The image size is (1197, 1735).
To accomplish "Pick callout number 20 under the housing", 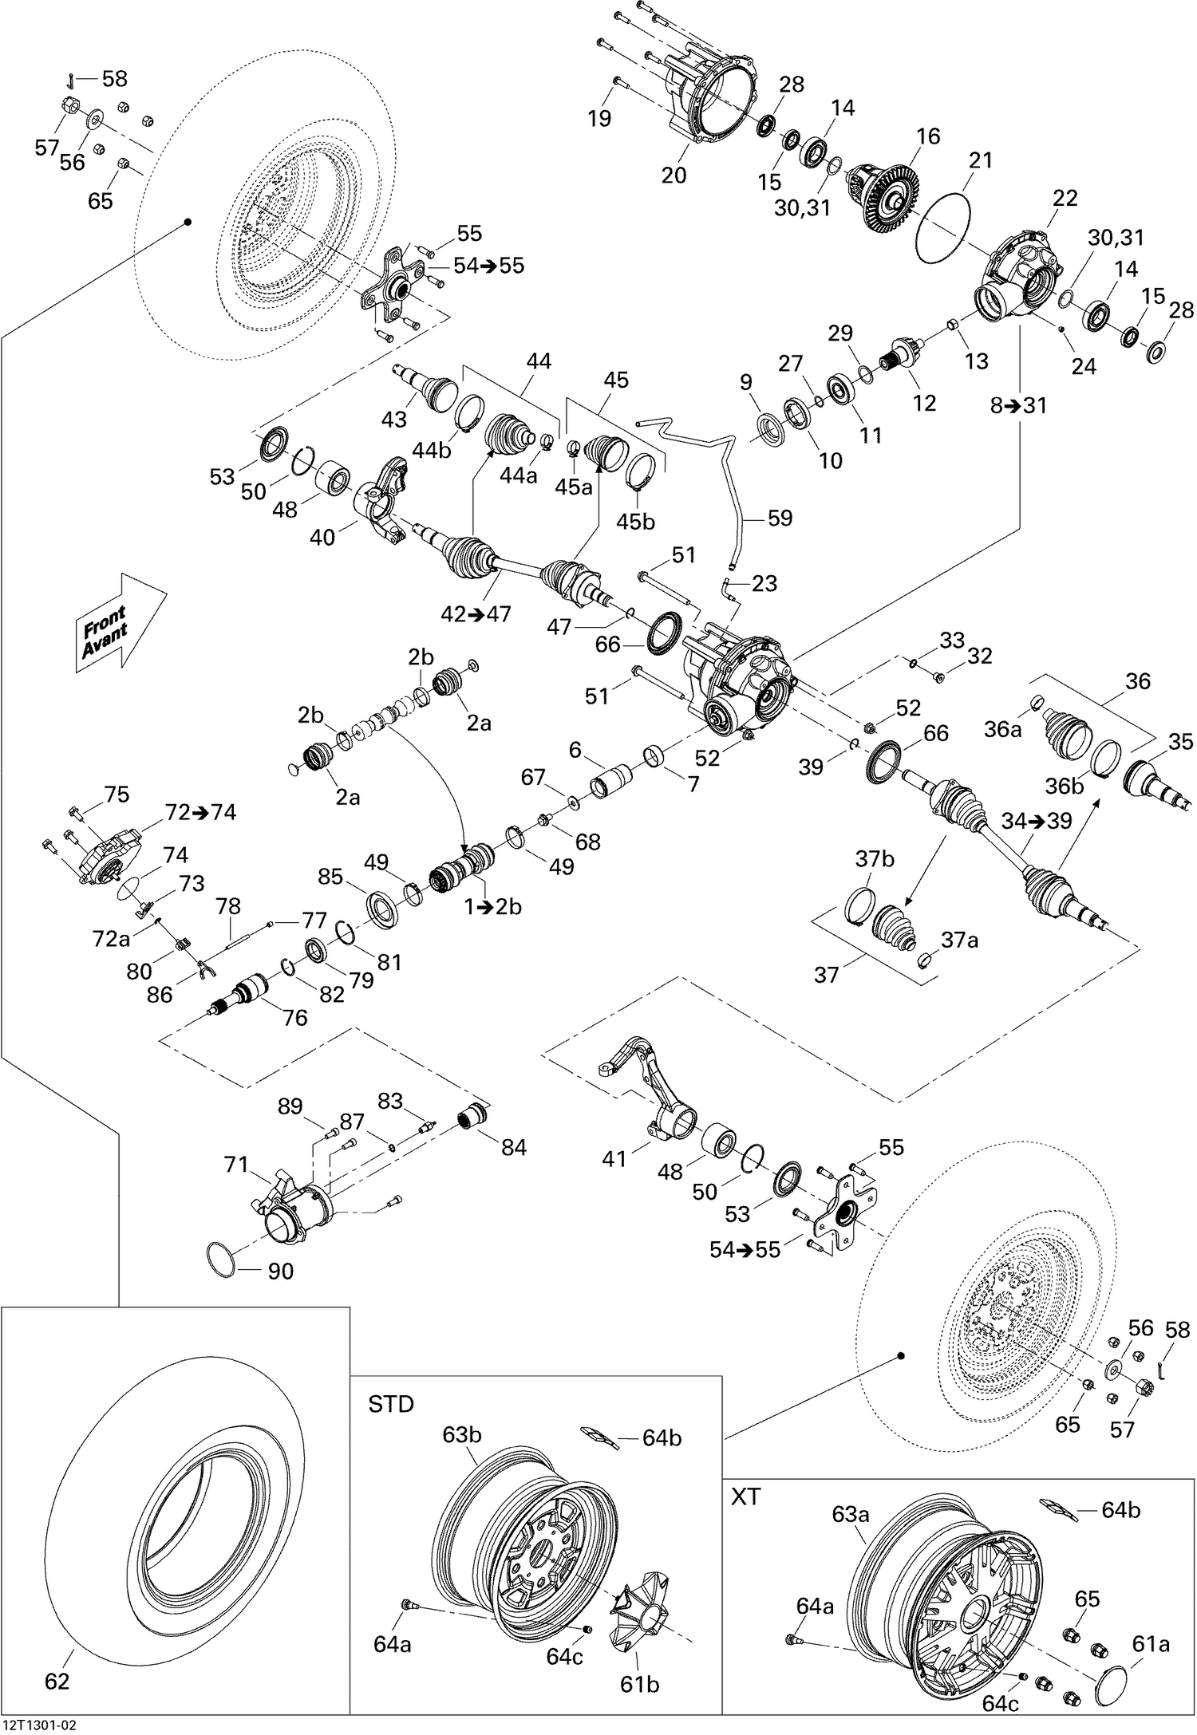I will [x=674, y=174].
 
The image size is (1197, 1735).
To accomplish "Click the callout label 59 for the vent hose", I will [x=780, y=518].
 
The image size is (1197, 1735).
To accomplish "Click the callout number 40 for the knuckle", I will [x=322, y=537].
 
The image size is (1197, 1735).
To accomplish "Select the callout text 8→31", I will [x=1018, y=405].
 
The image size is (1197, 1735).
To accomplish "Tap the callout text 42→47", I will [x=476, y=613].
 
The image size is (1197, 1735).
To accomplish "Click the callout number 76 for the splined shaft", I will [x=295, y=1017].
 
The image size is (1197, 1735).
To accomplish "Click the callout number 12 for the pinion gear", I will [x=924, y=402].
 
